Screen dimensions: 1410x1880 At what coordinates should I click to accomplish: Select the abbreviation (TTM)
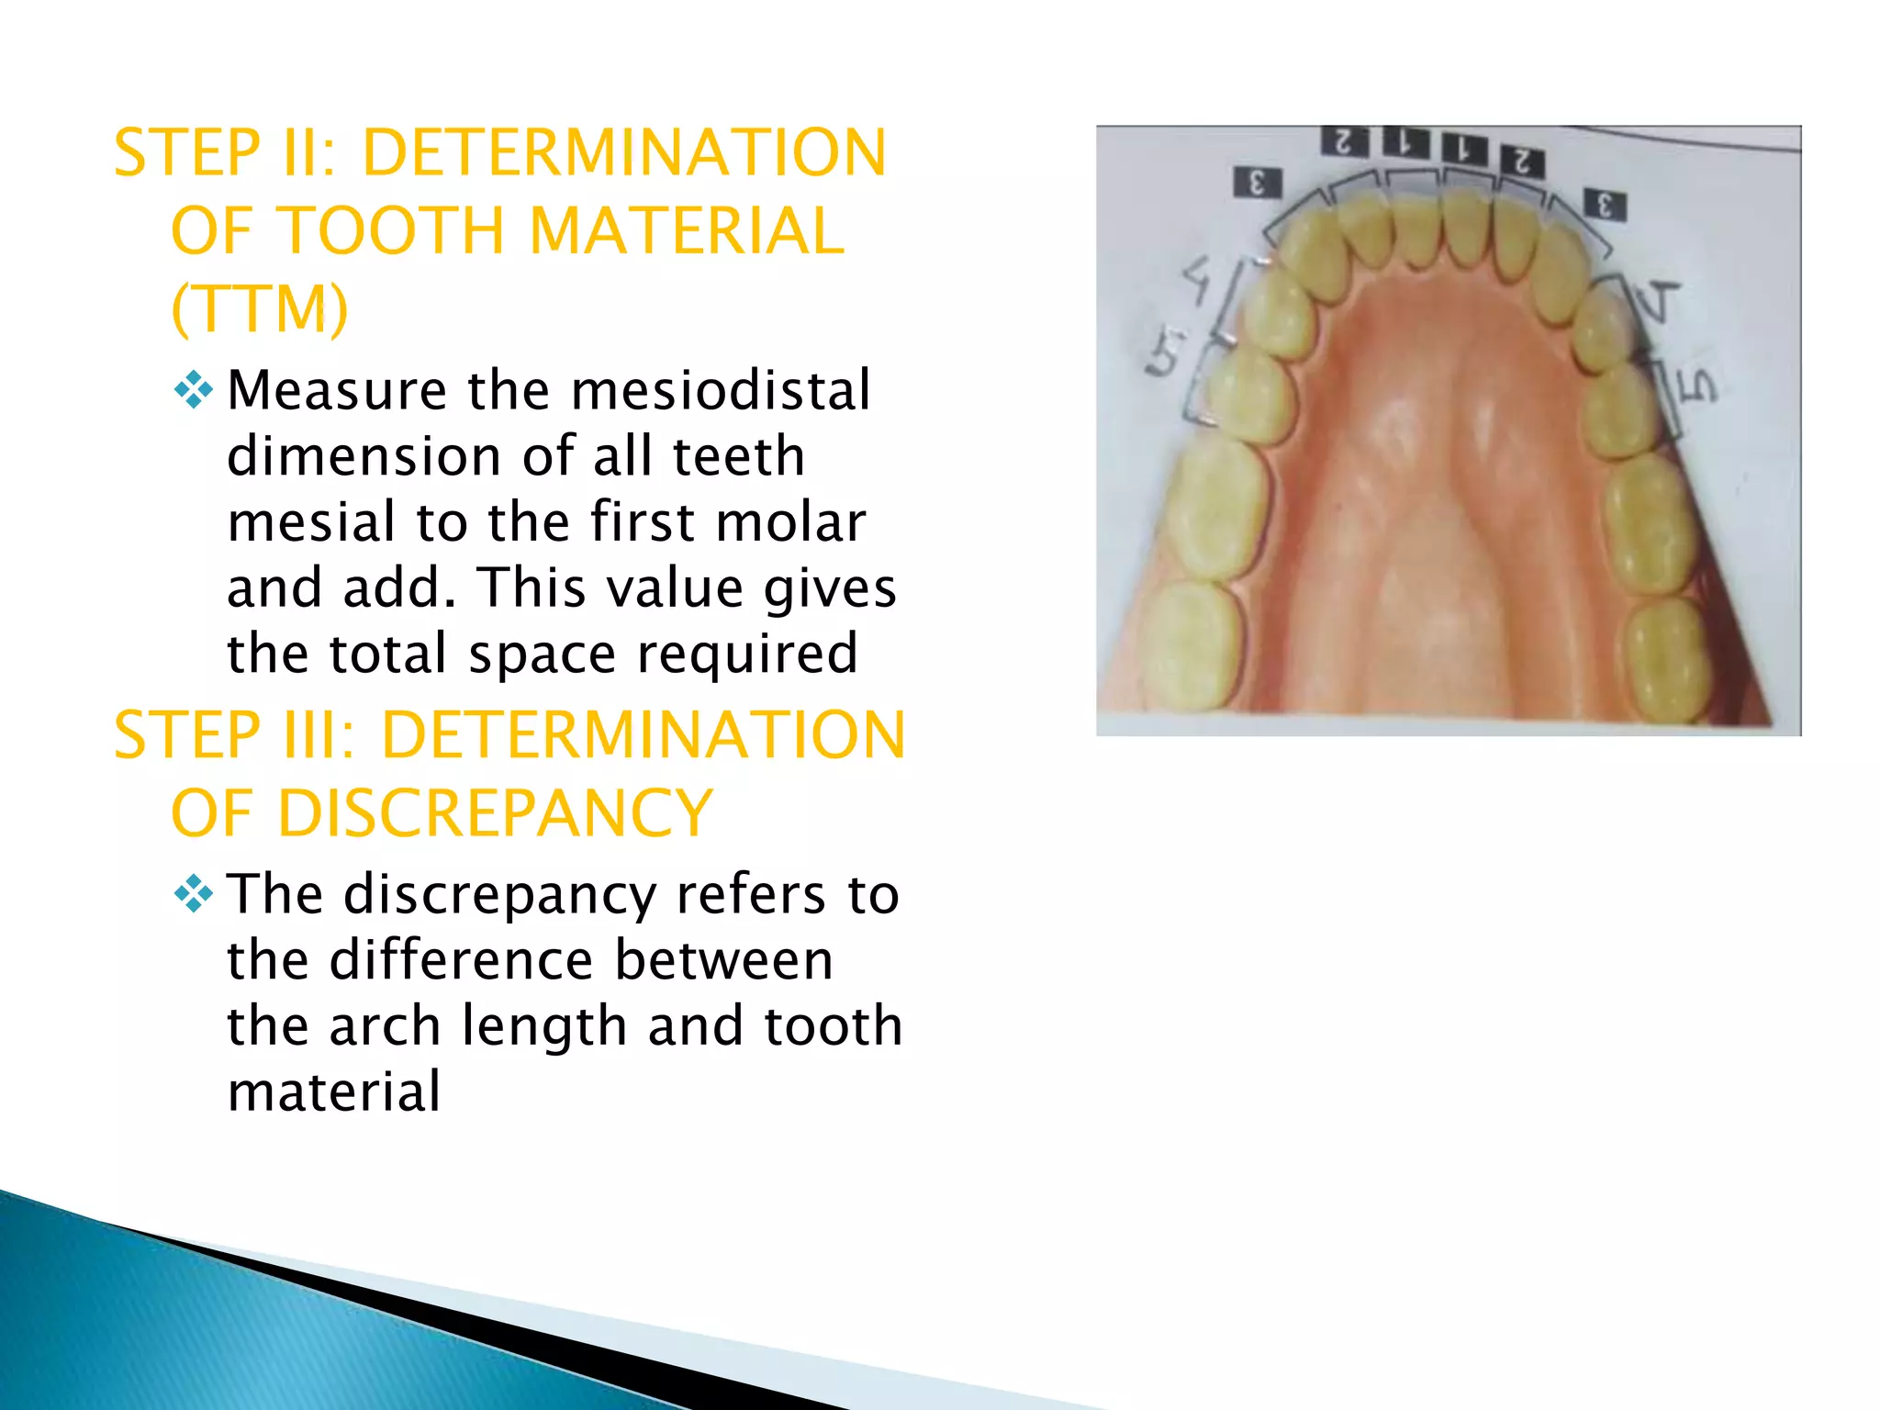260,308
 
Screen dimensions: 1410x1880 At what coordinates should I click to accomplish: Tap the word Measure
336,390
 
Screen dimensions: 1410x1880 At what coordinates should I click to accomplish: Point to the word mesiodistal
721,390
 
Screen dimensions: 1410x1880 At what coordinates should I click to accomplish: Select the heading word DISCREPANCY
495,813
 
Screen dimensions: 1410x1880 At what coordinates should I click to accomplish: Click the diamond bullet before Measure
193,390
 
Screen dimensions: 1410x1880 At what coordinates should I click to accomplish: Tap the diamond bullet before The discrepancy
193,893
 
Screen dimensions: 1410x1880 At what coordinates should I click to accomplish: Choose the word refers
750,894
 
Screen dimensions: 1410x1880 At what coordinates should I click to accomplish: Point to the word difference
461,960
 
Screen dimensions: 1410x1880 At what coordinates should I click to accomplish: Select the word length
544,1028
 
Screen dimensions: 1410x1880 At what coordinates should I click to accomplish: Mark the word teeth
738,456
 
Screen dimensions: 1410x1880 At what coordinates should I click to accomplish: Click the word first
642,522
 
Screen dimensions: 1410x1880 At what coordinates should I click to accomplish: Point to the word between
723,960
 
